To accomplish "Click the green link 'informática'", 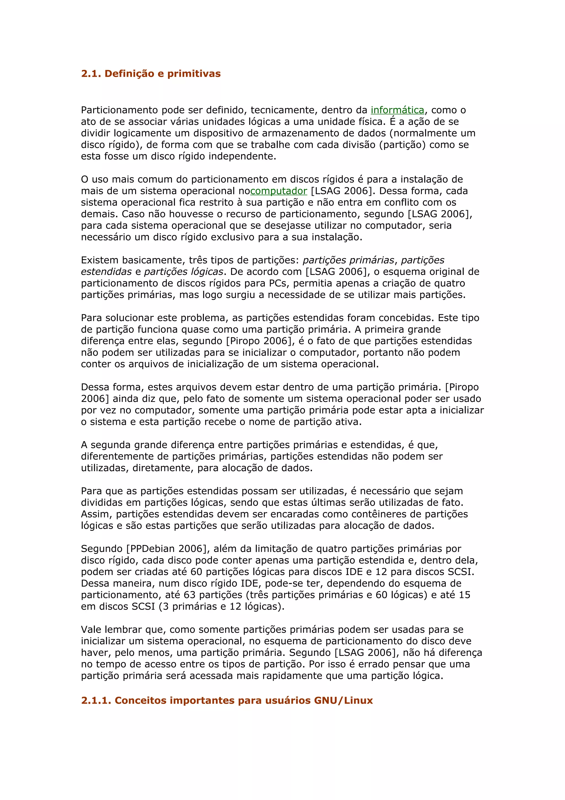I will [397, 110].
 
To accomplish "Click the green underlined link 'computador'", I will [278, 191].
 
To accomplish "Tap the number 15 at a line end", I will [464, 595].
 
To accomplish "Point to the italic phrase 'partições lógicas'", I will [183, 272].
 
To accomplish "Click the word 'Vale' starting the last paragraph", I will [91, 630].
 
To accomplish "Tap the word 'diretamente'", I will [163, 468].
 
